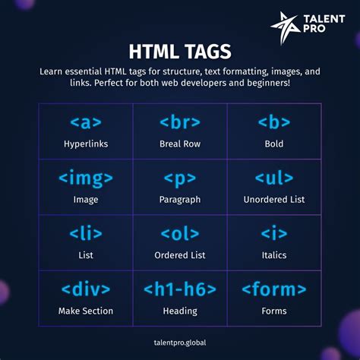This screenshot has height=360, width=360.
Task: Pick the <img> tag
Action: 85,179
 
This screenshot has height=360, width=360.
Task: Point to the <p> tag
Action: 180,179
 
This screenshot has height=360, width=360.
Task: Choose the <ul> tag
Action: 274,179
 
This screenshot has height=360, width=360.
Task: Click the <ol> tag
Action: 180,235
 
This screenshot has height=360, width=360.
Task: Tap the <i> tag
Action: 274,235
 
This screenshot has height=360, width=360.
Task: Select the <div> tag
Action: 85,290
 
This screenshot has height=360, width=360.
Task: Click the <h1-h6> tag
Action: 180,290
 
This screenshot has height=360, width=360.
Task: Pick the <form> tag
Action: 274,290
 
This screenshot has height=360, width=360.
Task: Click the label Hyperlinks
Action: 85,144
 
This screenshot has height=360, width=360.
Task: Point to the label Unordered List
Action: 274,200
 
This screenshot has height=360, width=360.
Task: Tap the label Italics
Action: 274,255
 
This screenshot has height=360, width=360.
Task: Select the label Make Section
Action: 85,311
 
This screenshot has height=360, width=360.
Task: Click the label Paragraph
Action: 180,200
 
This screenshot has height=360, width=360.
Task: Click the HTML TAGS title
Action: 180,51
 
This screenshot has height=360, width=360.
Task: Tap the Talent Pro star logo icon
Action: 282,28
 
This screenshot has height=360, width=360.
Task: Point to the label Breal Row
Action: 180,144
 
